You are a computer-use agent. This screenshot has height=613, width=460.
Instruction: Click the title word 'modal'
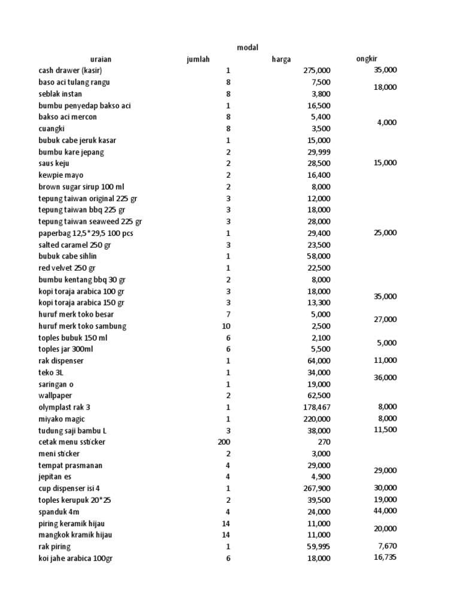(x=247, y=47)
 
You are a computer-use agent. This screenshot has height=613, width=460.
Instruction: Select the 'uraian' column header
(x=101, y=59)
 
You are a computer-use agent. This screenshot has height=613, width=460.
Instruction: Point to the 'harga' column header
(x=282, y=59)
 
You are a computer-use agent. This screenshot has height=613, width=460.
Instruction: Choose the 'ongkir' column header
(x=367, y=58)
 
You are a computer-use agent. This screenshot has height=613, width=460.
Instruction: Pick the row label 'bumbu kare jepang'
(x=71, y=152)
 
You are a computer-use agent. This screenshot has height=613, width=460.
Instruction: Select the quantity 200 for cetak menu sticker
(x=224, y=442)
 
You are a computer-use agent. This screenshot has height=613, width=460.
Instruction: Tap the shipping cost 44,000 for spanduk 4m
(x=385, y=510)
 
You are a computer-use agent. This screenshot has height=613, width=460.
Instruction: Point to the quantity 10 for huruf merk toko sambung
(x=226, y=326)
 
